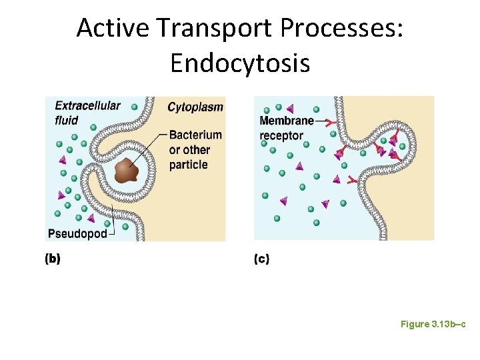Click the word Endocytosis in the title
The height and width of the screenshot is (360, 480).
coord(239,63)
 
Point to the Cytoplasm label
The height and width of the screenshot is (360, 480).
coord(195,107)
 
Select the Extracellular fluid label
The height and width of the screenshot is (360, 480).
coord(87,113)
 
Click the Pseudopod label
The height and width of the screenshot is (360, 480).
coord(77,234)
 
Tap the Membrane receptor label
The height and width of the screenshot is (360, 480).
coord(286,128)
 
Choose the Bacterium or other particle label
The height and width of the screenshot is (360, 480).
coord(195,150)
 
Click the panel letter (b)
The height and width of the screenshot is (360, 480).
coord(53,259)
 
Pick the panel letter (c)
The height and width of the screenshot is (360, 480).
coord(262,259)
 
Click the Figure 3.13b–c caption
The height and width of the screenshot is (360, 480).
coord(433,324)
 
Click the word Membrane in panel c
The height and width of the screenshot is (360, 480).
coord(286,121)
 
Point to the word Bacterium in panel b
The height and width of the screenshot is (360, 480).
coord(195,135)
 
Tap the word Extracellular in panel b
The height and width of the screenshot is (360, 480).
coord(87,105)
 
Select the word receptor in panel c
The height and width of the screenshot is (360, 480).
coord(281,135)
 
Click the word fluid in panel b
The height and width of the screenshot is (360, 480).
coord(67,121)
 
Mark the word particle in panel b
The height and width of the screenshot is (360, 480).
coord(189,165)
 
